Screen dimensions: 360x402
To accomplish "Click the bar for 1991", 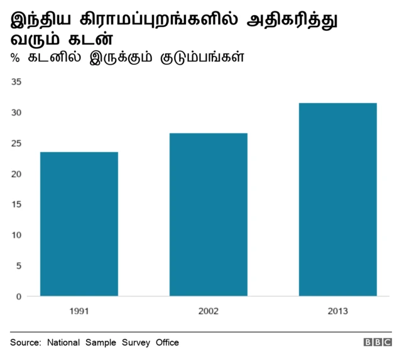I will coord(79,224).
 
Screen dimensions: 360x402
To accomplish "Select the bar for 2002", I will coord(209,214).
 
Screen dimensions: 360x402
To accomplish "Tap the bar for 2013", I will coord(338,199).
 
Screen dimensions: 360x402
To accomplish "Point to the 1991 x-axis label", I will coord(79,311).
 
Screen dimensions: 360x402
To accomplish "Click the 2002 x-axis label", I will coord(209,311).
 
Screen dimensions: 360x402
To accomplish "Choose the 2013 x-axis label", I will coord(338,311).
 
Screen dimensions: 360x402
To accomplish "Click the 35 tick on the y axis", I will coord(16,82).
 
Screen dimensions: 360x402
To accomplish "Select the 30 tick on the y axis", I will coord(16,112).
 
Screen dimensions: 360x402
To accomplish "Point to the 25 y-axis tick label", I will coord(16,143).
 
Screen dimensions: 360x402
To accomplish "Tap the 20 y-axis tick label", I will coord(16,173).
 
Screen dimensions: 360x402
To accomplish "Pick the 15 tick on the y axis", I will coord(16,204).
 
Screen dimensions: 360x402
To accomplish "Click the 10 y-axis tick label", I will coord(16,235).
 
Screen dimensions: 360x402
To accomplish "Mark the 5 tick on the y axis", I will coord(19,265).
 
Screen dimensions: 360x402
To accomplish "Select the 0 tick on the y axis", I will coord(19,296).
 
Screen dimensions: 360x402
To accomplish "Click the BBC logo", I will coord(377,343).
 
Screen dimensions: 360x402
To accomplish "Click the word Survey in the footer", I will coord(134,342).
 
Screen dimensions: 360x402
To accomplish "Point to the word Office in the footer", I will coord(166,342).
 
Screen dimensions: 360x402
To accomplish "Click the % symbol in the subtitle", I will coord(14,58).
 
